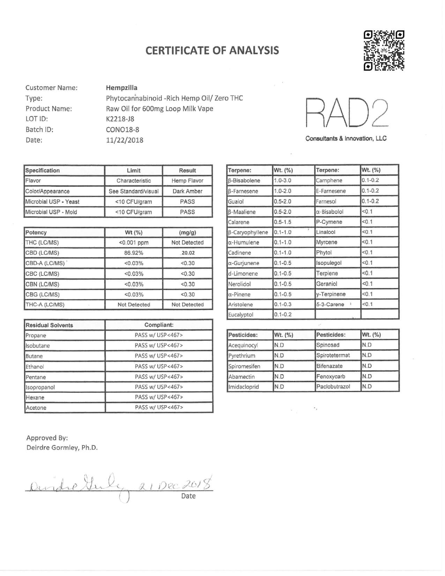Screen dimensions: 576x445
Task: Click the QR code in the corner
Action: coord(384,51)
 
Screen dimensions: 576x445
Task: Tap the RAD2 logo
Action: coord(347,112)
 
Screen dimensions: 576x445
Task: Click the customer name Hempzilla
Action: coord(121,88)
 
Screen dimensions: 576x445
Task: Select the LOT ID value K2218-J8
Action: coord(120,119)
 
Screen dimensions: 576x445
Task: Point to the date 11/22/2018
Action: coord(125,140)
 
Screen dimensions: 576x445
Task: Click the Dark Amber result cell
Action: coord(187,191)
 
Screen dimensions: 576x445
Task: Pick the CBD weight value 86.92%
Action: coord(134,253)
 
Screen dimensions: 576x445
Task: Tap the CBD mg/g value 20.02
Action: coord(188,253)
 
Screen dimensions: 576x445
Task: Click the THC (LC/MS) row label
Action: coord(42,242)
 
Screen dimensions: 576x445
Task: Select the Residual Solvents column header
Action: coord(49,325)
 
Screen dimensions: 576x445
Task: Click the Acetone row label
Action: coord(36,407)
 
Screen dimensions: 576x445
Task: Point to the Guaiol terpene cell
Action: coord(236,201)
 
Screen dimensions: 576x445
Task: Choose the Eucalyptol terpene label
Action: coord(240,315)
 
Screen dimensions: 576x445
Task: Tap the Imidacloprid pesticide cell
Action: coord(243,387)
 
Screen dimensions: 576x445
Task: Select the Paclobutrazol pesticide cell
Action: coord(333,386)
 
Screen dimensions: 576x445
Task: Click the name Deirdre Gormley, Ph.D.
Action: coord(62,448)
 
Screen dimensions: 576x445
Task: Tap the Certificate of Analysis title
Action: coord(212,50)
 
